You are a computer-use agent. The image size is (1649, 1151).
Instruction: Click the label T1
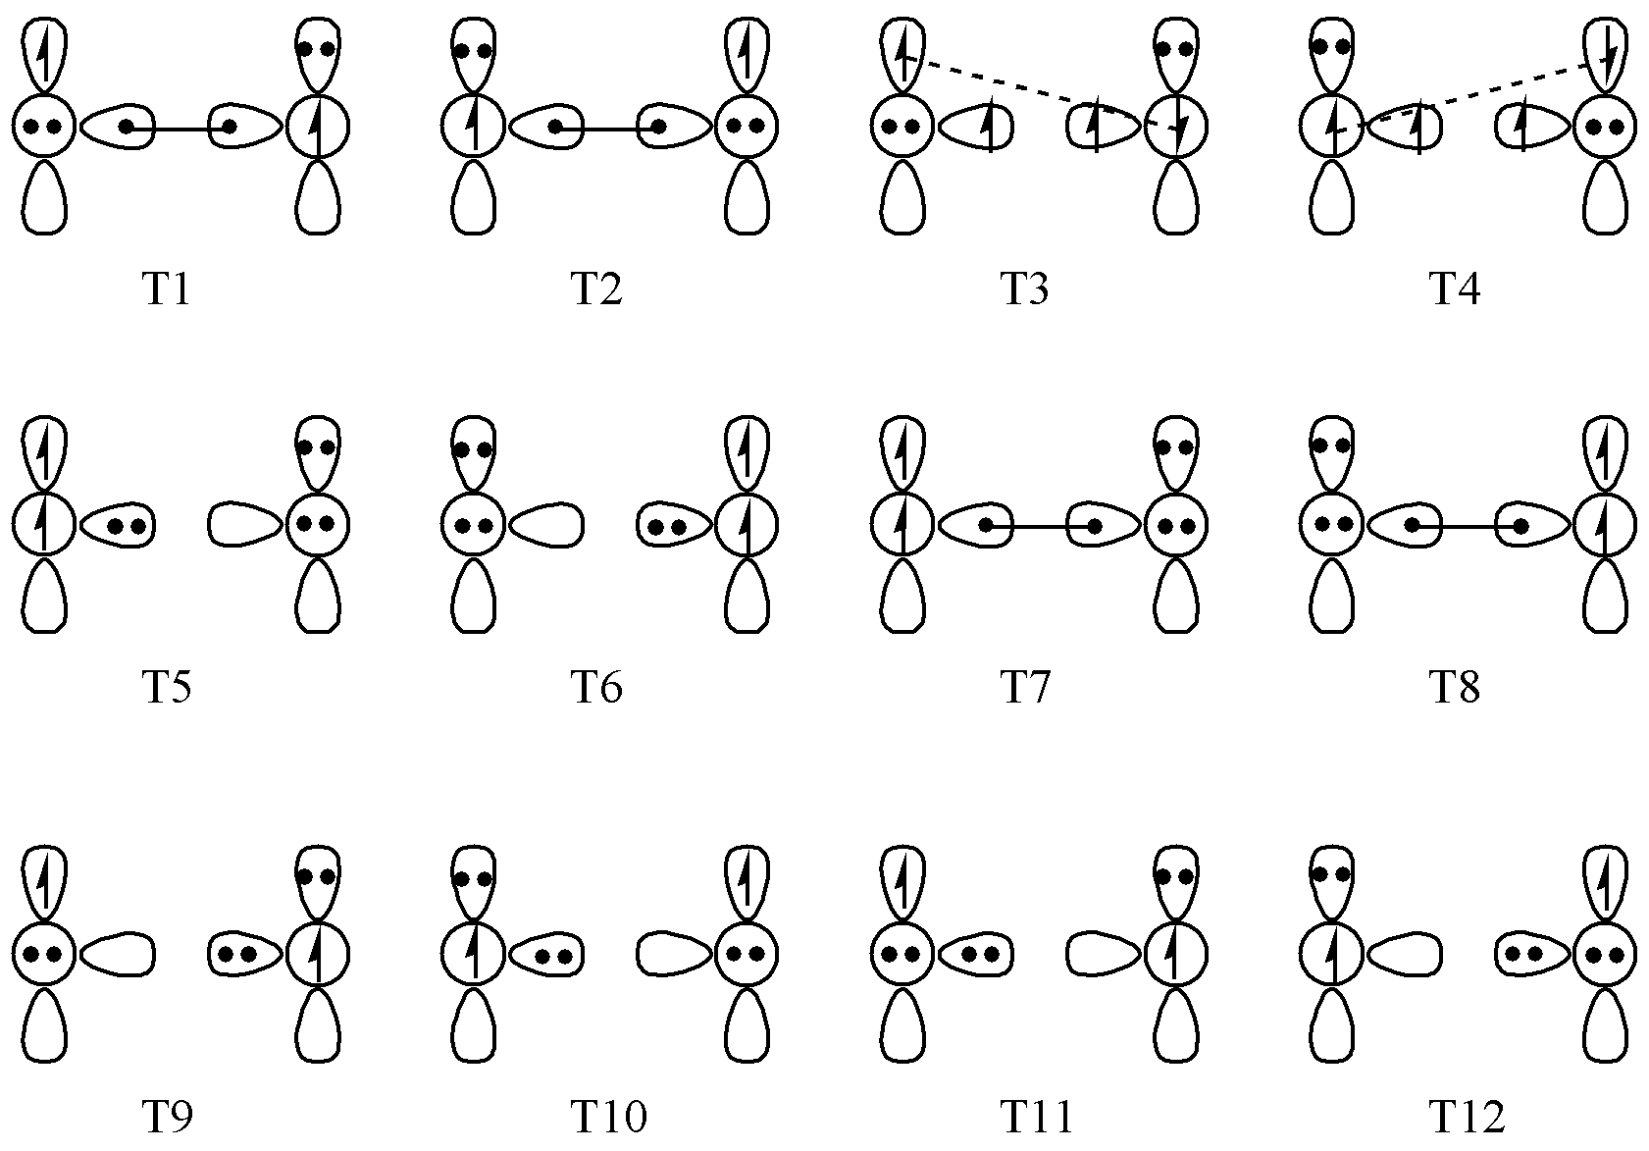tap(166, 291)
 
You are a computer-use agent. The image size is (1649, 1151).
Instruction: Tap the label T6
tap(595, 689)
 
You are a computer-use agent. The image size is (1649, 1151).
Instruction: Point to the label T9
tap(166, 1118)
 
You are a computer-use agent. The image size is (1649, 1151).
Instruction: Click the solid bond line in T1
tap(178, 128)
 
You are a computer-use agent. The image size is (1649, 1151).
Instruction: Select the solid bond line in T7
tap(1040, 527)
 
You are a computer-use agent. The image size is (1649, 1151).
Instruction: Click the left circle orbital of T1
tap(44, 127)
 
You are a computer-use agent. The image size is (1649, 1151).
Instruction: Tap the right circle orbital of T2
tap(746, 127)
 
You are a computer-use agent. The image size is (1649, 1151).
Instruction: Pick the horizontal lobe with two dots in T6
tap(672, 525)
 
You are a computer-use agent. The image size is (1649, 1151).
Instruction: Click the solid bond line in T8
tap(1467, 527)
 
